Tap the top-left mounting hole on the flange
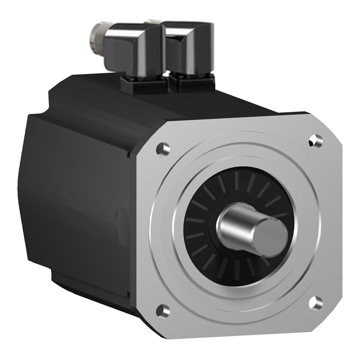(162, 149)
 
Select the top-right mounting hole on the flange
(315, 140)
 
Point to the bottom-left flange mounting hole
(162, 310)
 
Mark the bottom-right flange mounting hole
(315, 302)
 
